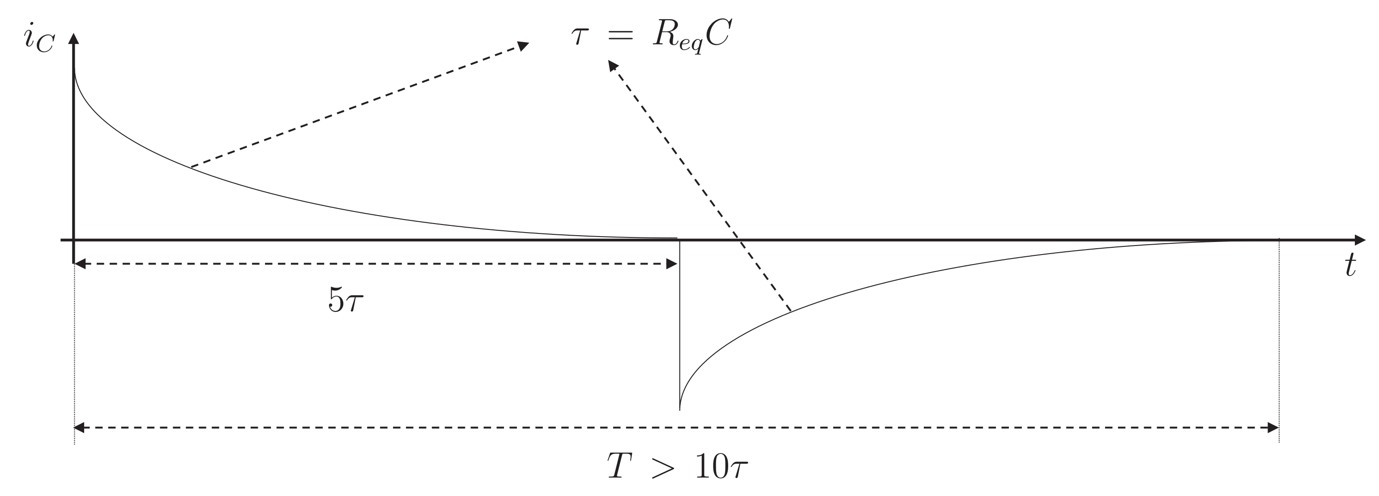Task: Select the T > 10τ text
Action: [x=677, y=466]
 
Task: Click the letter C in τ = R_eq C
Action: [x=718, y=36]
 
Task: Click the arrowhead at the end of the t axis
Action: [x=1360, y=240]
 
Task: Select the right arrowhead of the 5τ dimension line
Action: [x=672, y=263]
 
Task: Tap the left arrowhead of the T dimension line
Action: [x=79, y=427]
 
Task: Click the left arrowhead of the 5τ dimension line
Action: [x=80, y=263]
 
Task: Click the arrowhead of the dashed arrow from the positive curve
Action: [x=522, y=46]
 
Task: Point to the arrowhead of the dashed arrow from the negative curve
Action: [x=612, y=65]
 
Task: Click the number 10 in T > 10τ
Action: [x=713, y=466]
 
